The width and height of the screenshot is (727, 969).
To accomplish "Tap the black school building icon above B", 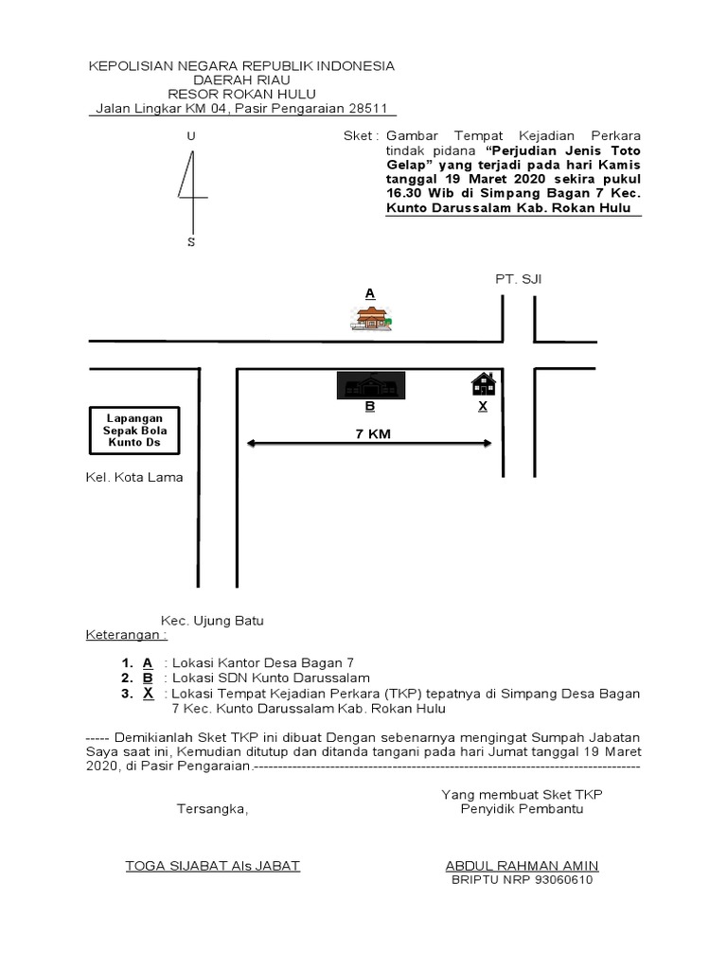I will click(x=372, y=386).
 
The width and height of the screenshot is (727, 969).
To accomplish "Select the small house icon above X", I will click(x=483, y=383).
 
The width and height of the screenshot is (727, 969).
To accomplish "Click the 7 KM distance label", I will click(x=369, y=433).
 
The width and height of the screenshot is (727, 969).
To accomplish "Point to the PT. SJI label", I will click(x=518, y=279).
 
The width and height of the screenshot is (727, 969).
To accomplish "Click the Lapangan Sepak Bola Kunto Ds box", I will click(x=133, y=431).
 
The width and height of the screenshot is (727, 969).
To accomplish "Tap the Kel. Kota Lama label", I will click(x=135, y=477).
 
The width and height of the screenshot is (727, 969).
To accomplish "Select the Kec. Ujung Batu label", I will click(x=212, y=621).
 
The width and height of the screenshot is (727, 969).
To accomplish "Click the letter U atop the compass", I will click(x=191, y=137).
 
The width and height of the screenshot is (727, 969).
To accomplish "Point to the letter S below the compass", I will click(x=191, y=242).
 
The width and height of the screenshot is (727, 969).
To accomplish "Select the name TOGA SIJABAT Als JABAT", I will click(x=213, y=866).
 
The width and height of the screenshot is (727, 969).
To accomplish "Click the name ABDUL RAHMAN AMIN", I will click(x=522, y=866).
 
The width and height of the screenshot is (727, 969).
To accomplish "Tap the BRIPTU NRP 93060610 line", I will click(x=522, y=881).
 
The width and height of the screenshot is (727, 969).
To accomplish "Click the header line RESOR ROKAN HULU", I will click(x=241, y=95).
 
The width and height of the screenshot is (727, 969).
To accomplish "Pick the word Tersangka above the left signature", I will click(x=212, y=809).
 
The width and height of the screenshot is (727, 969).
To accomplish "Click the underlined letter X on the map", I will click(x=482, y=406).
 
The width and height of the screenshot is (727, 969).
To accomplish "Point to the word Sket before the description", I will click(x=360, y=137).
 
